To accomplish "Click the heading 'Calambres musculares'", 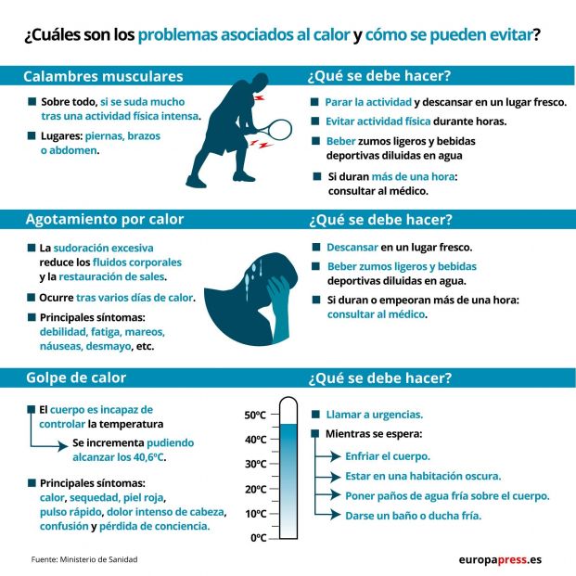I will (103, 76).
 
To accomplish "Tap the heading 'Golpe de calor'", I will (75, 378).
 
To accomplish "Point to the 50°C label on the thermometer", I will (255, 415).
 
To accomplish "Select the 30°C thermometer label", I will (255, 464).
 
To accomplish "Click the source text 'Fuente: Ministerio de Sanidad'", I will (91, 559).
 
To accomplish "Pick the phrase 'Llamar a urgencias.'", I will (374, 414).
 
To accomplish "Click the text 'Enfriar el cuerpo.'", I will (387, 455).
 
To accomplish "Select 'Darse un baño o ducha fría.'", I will (413, 516).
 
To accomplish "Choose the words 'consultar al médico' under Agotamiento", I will (376, 314).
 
